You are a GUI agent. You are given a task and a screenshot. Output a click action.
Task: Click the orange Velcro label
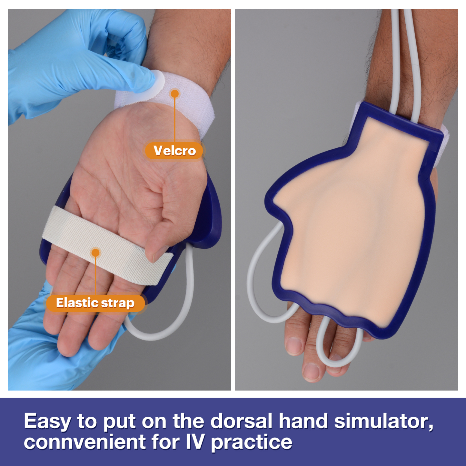coord(174,151)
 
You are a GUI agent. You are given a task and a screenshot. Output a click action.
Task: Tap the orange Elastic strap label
coord(95,303)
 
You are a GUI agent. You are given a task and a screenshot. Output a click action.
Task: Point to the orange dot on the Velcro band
coord(175,94)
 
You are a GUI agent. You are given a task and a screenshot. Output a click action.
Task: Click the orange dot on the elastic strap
coord(95,253)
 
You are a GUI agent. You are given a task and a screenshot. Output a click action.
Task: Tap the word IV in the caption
coord(195,442)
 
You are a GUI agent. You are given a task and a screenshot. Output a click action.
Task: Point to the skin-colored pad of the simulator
coord(352,226)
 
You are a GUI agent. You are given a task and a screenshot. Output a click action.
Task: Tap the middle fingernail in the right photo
coord(312,371)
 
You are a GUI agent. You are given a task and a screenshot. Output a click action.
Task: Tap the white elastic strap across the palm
coord(106,245)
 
